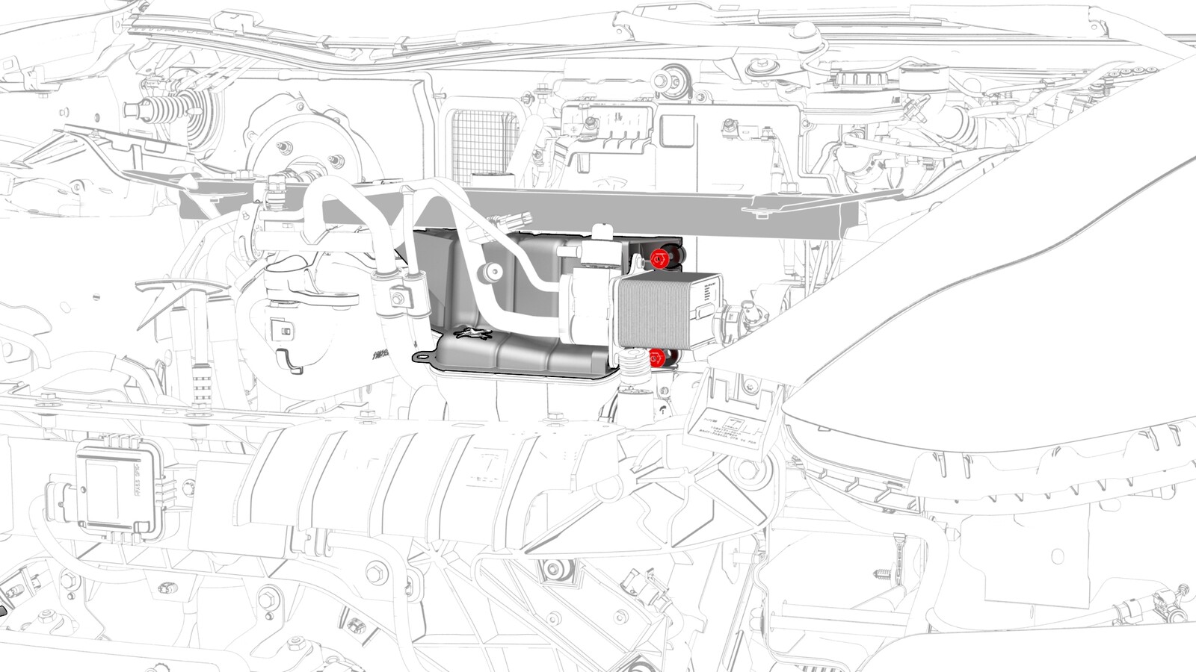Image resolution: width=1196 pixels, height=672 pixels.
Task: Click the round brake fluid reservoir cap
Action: (x=851, y=80)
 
